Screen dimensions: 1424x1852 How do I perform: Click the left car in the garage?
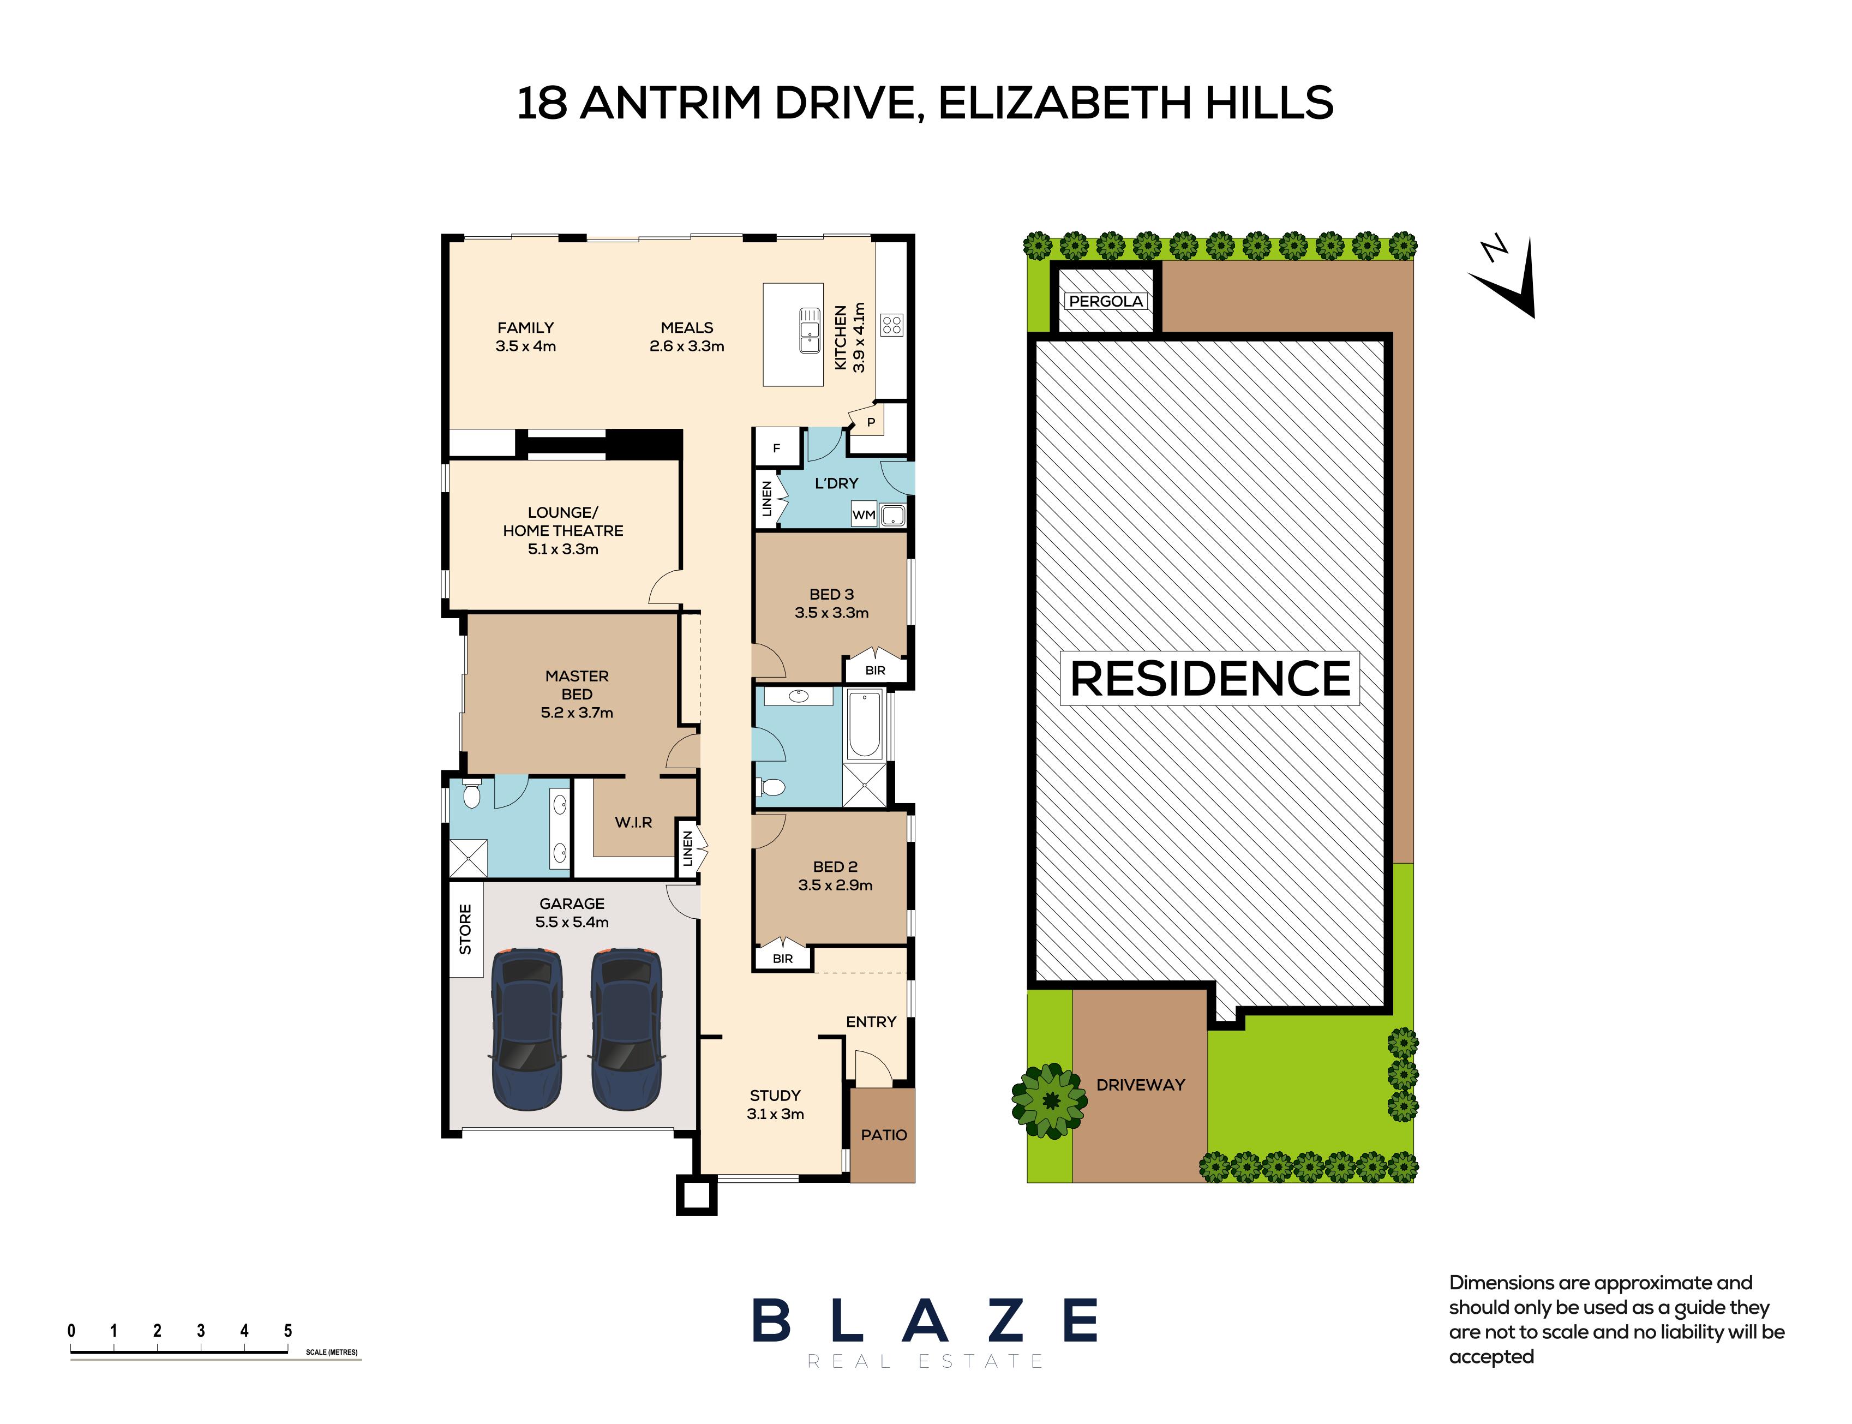pyautogui.click(x=526, y=1029)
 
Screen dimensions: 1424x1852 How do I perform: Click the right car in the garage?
pyautogui.click(x=626, y=1029)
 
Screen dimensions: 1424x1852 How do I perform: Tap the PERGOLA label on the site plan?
pyautogui.click(x=1105, y=301)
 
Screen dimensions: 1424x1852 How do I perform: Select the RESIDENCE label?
pyautogui.click(x=1209, y=678)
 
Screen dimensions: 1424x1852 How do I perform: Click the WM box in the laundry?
pyautogui.click(x=864, y=514)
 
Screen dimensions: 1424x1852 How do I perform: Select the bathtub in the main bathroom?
pyautogui.click(x=864, y=725)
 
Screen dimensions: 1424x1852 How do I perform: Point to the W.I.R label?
pyautogui.click(x=633, y=822)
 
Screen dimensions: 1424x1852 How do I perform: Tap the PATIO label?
pyautogui.click(x=883, y=1135)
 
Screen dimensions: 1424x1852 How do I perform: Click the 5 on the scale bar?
pyautogui.click(x=288, y=1331)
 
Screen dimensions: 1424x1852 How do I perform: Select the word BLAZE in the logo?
pyautogui.click(x=925, y=1320)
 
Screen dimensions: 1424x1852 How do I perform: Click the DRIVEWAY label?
pyautogui.click(x=1140, y=1085)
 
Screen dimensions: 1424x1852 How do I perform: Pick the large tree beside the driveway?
pyautogui.click(x=1050, y=1100)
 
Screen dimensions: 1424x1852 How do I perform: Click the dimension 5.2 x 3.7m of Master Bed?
pyautogui.click(x=577, y=713)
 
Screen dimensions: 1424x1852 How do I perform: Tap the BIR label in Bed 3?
pyautogui.click(x=874, y=671)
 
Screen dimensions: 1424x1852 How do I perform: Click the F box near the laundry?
pyautogui.click(x=776, y=448)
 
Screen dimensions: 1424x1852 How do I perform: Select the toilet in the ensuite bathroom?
pyautogui.click(x=472, y=795)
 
